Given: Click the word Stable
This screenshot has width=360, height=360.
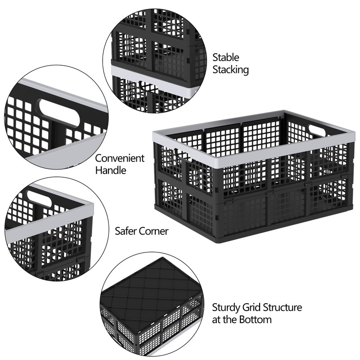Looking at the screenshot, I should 226,58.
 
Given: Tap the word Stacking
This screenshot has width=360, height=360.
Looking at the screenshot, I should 231,70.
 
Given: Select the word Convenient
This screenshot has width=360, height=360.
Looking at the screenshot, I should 120,158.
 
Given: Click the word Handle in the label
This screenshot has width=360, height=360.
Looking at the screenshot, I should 111,171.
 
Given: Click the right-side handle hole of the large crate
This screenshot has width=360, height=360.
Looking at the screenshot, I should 317,130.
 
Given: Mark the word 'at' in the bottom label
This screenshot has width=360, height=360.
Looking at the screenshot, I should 216,320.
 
